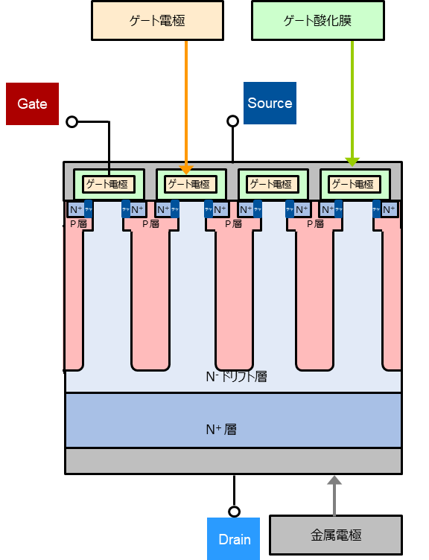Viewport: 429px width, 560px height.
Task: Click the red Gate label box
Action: click(32, 104)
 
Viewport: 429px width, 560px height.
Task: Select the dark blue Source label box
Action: click(270, 103)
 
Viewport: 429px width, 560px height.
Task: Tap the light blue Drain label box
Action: click(234, 538)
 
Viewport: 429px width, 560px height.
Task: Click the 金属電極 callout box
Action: click(335, 535)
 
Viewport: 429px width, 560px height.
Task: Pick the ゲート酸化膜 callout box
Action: click(317, 21)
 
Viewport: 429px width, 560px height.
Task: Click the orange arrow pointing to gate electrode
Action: click(186, 104)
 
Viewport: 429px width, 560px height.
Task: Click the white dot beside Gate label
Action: click(72, 121)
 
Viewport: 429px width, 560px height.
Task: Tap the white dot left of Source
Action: click(233, 121)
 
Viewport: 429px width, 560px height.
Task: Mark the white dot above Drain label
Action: click(234, 512)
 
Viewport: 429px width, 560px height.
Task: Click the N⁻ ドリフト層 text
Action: click(235, 377)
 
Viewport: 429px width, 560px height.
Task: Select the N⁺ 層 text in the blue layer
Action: click(220, 429)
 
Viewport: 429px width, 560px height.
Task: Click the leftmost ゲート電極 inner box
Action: click(107, 184)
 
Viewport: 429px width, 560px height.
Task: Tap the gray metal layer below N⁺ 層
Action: click(233, 460)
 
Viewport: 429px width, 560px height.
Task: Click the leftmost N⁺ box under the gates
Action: click(76, 210)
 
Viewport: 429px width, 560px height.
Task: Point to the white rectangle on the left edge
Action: click(53, 298)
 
